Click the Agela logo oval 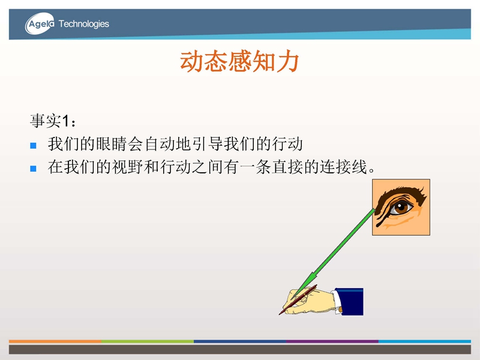click(40, 23)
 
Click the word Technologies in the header click(84, 24)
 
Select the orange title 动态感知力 click(239, 62)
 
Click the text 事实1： click(53, 121)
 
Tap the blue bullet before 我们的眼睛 click(34, 145)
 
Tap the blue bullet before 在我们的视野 click(34, 169)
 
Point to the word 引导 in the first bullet click(208, 144)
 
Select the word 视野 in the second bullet click(127, 167)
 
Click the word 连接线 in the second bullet click(343, 167)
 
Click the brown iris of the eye click(400, 208)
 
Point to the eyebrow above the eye click(400, 193)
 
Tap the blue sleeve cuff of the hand click(349, 302)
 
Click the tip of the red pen click(280, 314)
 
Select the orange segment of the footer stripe click(55, 341)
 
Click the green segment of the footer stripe click(148, 341)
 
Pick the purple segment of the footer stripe click(332, 341)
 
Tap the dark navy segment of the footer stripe click(240, 341)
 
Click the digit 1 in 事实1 click(65, 121)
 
